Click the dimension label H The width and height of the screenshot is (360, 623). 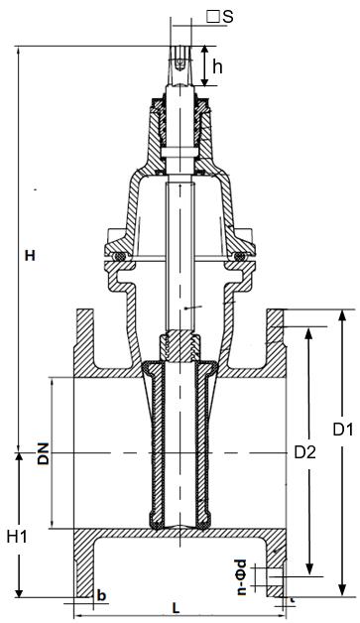tap(30, 256)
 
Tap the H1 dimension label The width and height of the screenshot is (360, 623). tap(18, 537)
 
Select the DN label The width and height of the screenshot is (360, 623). tap(43, 453)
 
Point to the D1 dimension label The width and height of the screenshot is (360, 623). tap(343, 430)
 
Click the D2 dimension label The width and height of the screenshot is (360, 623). tap(304, 451)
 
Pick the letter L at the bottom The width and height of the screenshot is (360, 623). tap(177, 607)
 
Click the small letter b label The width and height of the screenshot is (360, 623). tap(102, 595)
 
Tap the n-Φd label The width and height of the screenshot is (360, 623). tap(241, 577)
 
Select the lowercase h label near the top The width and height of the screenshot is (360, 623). tap(217, 67)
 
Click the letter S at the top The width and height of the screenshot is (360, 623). tap(228, 17)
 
